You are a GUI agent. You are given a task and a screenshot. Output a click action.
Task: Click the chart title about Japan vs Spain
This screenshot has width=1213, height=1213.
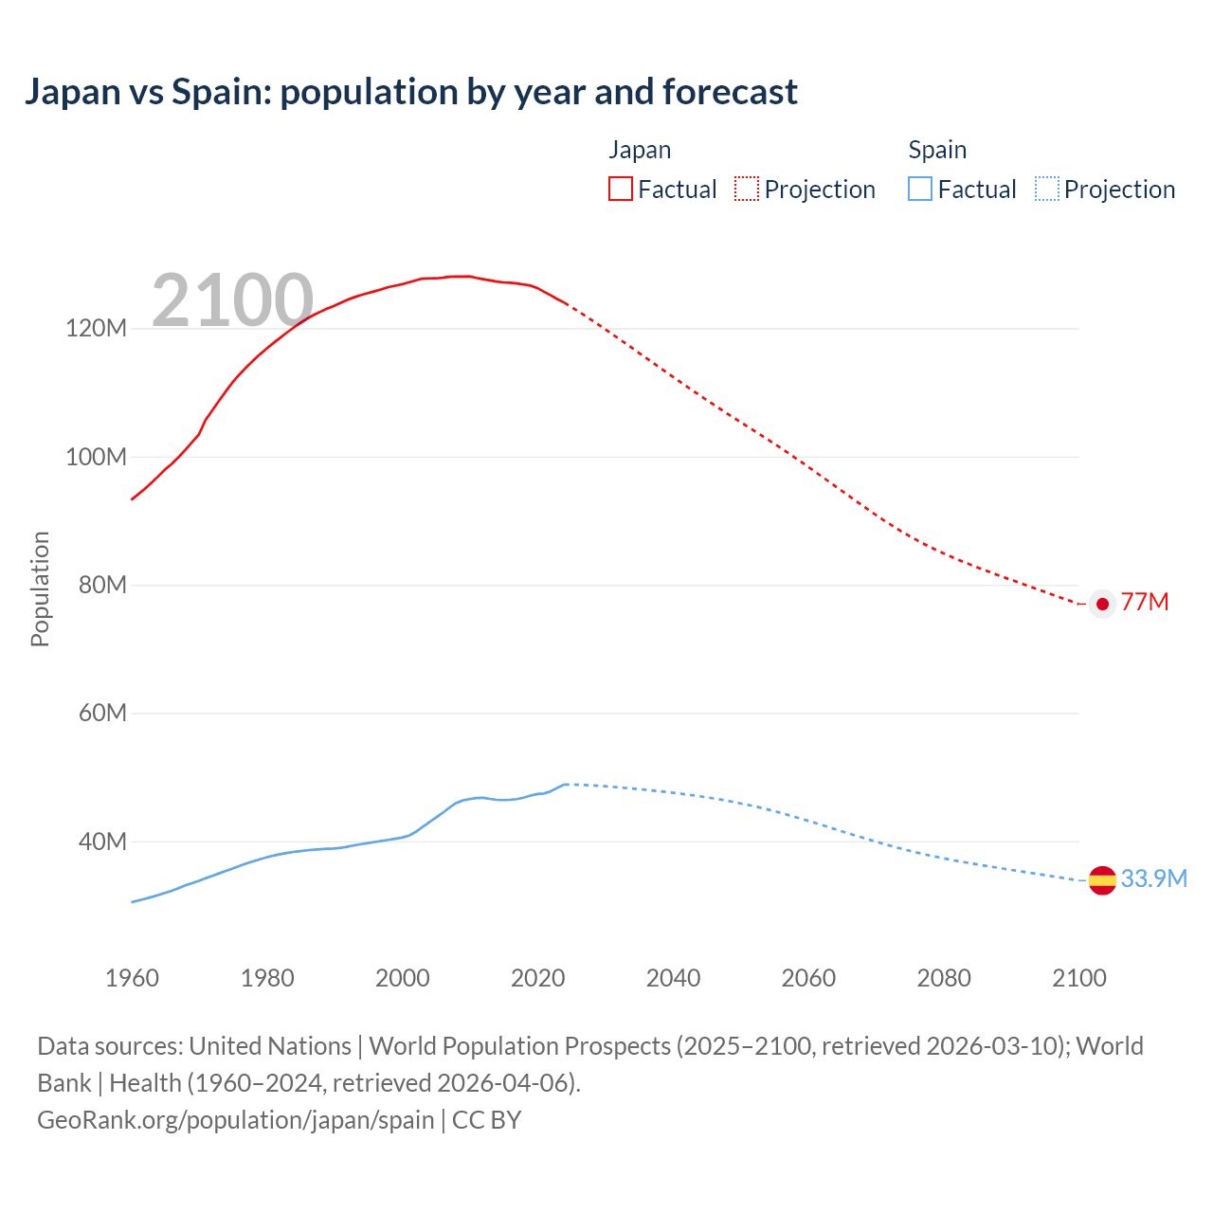[410, 92]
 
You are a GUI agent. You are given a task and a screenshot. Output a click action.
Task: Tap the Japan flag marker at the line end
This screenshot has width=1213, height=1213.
[1102, 604]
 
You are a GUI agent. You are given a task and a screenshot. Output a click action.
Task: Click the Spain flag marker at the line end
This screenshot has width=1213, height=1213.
[1102, 880]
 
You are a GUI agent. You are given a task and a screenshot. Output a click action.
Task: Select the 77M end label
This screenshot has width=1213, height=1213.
[1145, 603]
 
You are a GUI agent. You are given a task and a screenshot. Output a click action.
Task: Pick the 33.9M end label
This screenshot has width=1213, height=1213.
[1153, 879]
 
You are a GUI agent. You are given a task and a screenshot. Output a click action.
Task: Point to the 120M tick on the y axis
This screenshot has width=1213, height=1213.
[96, 329]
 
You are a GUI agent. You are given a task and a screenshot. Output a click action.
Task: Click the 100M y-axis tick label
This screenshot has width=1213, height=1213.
[96, 457]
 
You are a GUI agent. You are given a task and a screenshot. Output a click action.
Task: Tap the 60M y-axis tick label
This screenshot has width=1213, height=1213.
[101, 714]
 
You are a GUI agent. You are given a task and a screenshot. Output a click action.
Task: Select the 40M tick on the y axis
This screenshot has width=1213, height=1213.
[101, 842]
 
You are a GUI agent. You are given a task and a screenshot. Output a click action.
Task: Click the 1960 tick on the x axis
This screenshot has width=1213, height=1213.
[132, 978]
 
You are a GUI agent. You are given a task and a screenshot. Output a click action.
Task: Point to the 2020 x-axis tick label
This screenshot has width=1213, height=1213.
[537, 978]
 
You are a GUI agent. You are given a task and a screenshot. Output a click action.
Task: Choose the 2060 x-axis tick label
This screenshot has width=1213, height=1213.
[808, 978]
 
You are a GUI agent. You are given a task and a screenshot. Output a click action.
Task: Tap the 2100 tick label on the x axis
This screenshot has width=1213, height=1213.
[1078, 978]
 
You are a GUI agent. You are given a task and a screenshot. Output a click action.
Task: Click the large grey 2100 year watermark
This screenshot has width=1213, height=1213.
[232, 300]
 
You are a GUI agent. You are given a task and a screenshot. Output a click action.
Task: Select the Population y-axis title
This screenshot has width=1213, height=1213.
[40, 588]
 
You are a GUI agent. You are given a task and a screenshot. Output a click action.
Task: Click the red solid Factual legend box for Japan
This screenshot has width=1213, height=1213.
[621, 190]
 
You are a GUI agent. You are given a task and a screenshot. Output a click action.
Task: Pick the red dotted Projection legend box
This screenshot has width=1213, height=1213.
[747, 190]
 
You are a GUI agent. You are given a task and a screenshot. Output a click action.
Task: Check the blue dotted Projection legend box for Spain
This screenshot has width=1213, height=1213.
[1047, 190]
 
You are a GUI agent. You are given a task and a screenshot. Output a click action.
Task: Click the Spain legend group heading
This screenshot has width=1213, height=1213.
[937, 150]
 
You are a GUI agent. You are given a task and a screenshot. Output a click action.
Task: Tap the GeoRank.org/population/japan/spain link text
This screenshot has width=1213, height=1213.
[235, 1120]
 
